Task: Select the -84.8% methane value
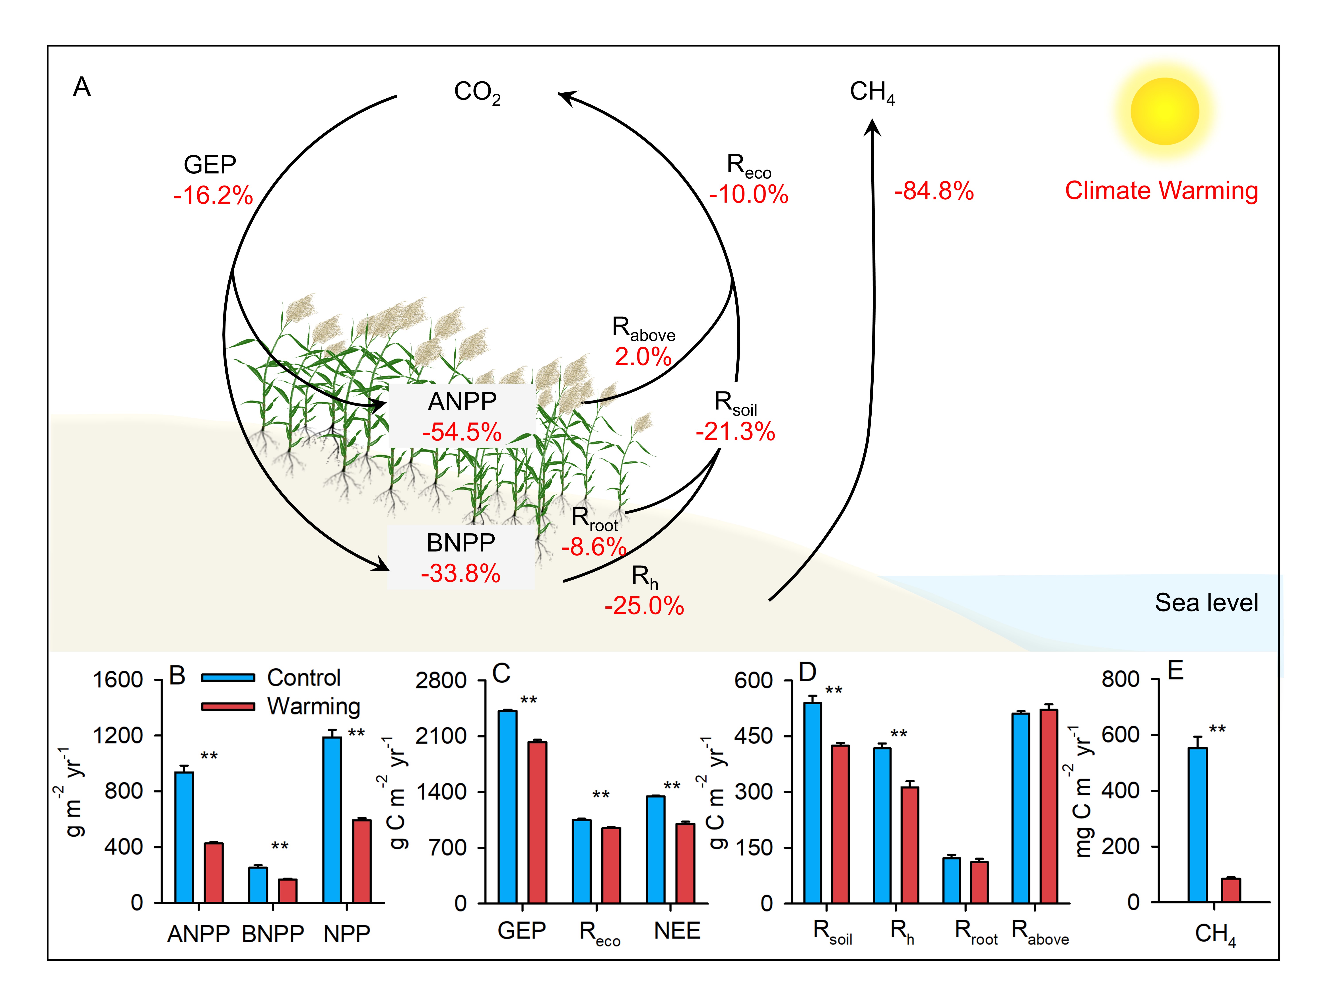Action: [934, 191]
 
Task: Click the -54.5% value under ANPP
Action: [461, 432]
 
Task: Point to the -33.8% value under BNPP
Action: [460, 573]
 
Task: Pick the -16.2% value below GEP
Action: [213, 196]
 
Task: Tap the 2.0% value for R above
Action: [642, 357]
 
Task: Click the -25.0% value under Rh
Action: [644, 606]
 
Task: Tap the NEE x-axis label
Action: [677, 931]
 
